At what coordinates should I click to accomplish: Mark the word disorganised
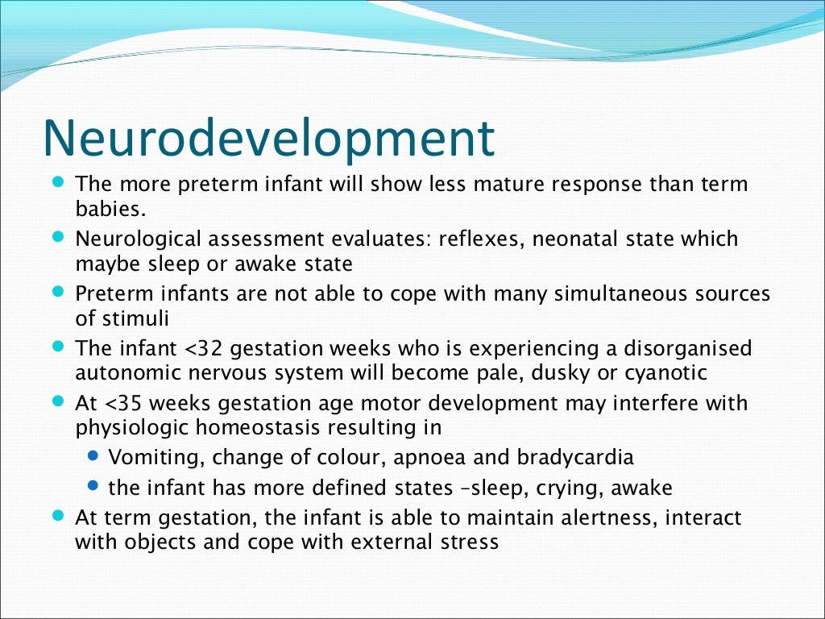click(685, 348)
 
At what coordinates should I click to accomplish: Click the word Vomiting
click(147, 458)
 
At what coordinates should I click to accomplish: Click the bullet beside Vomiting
click(93, 456)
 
